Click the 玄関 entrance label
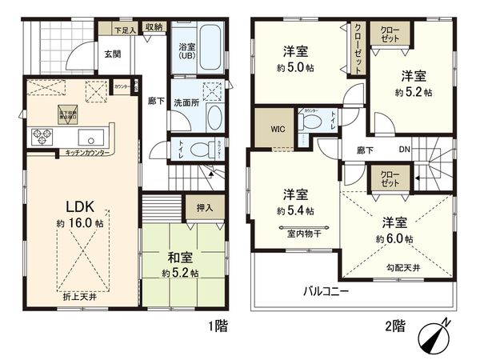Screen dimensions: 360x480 pyautogui.click(x=111, y=54)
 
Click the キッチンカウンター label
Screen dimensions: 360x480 pyautogui.click(x=82, y=152)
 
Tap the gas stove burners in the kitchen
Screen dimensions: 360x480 pyautogui.click(x=40, y=136)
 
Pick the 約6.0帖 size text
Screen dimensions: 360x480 pyautogui.click(x=397, y=238)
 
